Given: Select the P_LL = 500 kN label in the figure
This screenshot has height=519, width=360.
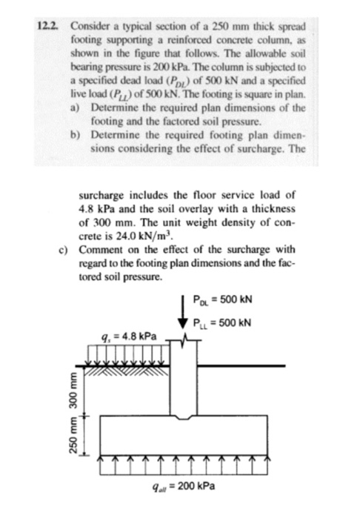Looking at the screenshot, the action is [x=227, y=323].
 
